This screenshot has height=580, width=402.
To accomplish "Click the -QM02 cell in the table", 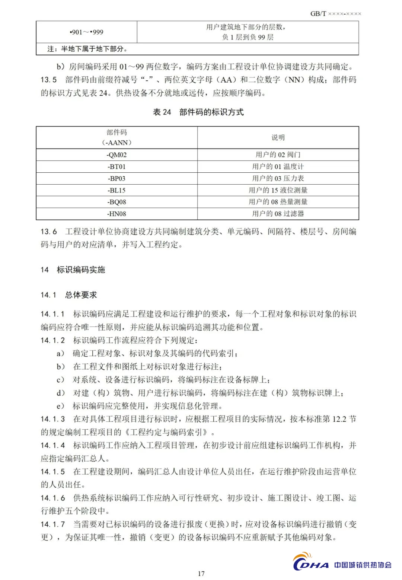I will coord(117,154).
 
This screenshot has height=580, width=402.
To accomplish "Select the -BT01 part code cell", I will coord(117,166).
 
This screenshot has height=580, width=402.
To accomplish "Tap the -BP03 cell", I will coord(117,178).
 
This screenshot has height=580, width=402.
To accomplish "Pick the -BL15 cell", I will coord(117,190).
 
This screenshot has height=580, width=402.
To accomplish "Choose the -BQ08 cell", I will coord(117,202).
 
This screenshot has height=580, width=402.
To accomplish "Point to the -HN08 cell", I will coord(117,214).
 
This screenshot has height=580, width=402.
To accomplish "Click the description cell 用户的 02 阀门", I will coord(278,154).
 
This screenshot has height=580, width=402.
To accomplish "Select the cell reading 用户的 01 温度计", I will coord(278,166).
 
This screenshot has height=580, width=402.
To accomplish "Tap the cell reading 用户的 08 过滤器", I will coord(278,214).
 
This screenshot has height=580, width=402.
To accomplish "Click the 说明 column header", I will coord(278,137).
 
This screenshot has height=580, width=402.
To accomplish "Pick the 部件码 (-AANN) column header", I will coord(117,137).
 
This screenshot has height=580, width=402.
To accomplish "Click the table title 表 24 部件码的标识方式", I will coord(198,112).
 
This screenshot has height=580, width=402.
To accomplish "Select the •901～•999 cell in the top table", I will coord(86,32).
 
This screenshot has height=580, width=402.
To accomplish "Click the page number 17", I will coord(201,573).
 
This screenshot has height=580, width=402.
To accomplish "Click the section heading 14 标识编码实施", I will coord(73,270).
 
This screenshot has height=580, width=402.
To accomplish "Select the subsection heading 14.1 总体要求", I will coord(69,295).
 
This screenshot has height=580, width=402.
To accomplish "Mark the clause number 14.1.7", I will coord(52,524).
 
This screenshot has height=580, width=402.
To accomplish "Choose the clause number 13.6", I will coord(49,232).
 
